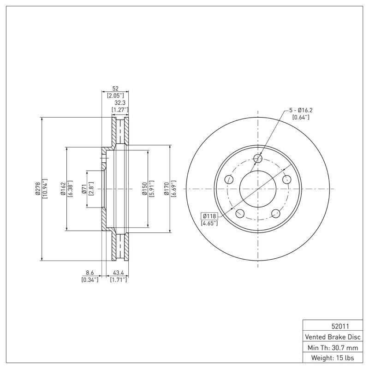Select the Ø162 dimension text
click(62, 188)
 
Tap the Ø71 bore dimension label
click(84, 188)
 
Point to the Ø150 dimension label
click(144, 188)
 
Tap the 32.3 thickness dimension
click(119, 103)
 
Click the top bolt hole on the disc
click(258, 159)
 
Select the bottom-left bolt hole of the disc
click(240, 213)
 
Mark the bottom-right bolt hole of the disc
click(276, 213)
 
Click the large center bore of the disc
click(258, 189)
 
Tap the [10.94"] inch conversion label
click(45, 188)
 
